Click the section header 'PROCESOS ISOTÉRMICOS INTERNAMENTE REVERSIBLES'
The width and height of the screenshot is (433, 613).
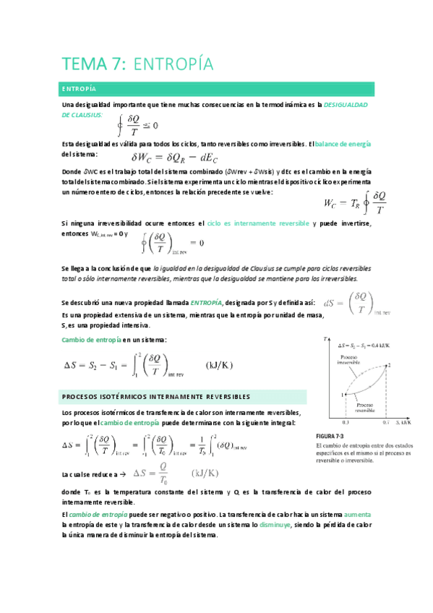tap(157, 397)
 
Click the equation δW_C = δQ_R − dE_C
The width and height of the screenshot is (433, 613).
tap(175, 157)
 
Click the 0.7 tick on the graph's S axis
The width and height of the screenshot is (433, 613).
tap(387, 421)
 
